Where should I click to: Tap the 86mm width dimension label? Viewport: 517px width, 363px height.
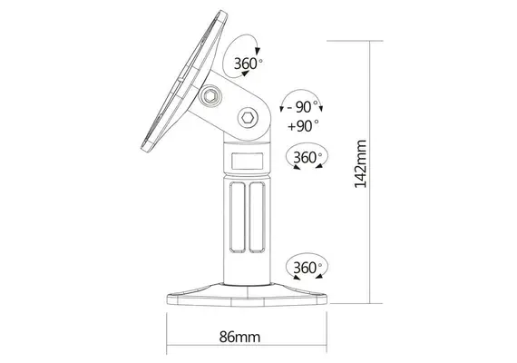[x=239, y=336]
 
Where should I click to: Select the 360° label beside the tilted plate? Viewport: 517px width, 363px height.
[x=249, y=64]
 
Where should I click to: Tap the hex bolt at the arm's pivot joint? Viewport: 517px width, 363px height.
[x=248, y=118]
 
